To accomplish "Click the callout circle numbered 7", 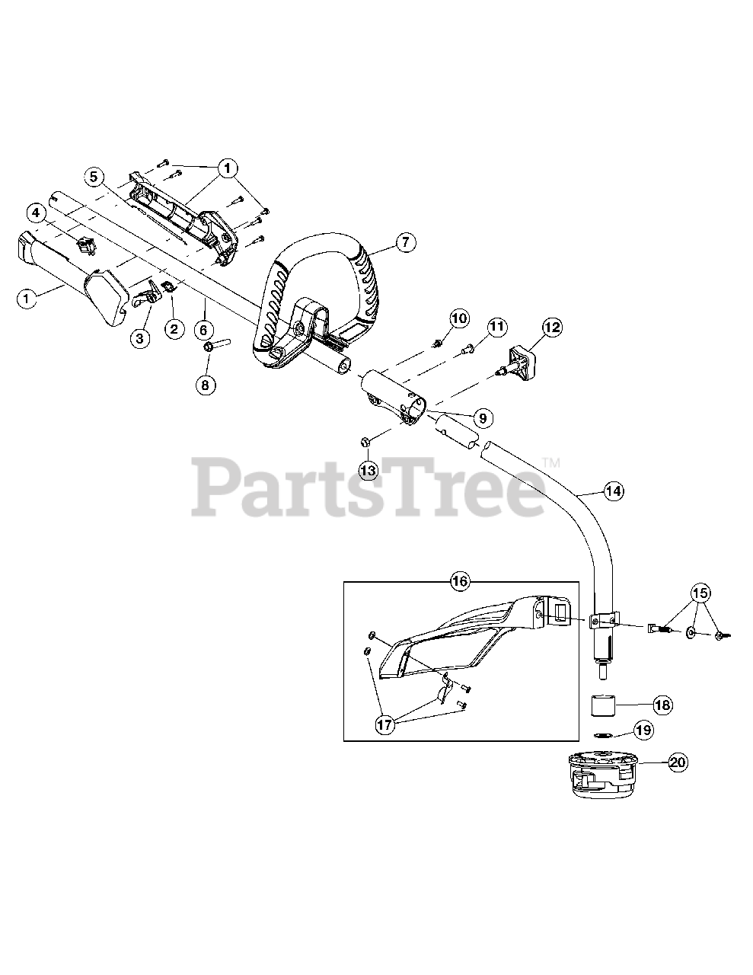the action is pos(404,243).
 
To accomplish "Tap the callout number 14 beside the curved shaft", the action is pos(613,491).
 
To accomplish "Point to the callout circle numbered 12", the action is pos(551,328).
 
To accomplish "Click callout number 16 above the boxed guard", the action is pos(459,581).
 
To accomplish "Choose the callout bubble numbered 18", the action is pos(662,705).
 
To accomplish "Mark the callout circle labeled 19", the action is pos(643,730).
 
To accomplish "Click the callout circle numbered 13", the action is pos(368,470).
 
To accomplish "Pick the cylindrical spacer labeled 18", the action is pos(608,705).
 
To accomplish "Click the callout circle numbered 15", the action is pos(700,592).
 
